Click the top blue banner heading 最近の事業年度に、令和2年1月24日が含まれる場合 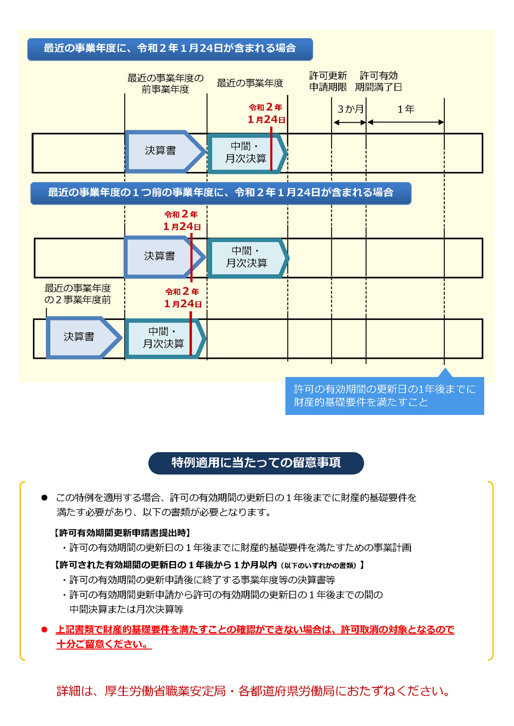pyautogui.click(x=170, y=49)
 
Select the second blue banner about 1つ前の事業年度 pyautogui.click(x=221, y=193)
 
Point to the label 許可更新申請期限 pyautogui.click(x=328, y=81)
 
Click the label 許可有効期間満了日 pyautogui.click(x=378, y=81)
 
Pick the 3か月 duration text pyautogui.click(x=351, y=109)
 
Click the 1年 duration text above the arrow pyautogui.click(x=406, y=109)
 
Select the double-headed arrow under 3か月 pyautogui.click(x=350, y=122)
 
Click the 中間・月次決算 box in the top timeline pyautogui.click(x=247, y=153)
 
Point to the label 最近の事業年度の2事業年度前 pyautogui.click(x=78, y=294)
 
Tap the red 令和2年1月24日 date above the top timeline pyautogui.click(x=266, y=113)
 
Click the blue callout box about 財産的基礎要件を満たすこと pyautogui.click(x=384, y=395)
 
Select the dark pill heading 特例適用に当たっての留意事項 pyautogui.click(x=256, y=463)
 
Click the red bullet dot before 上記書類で pyautogui.click(x=44, y=630)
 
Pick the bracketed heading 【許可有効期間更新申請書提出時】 pyautogui.click(x=122, y=533)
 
